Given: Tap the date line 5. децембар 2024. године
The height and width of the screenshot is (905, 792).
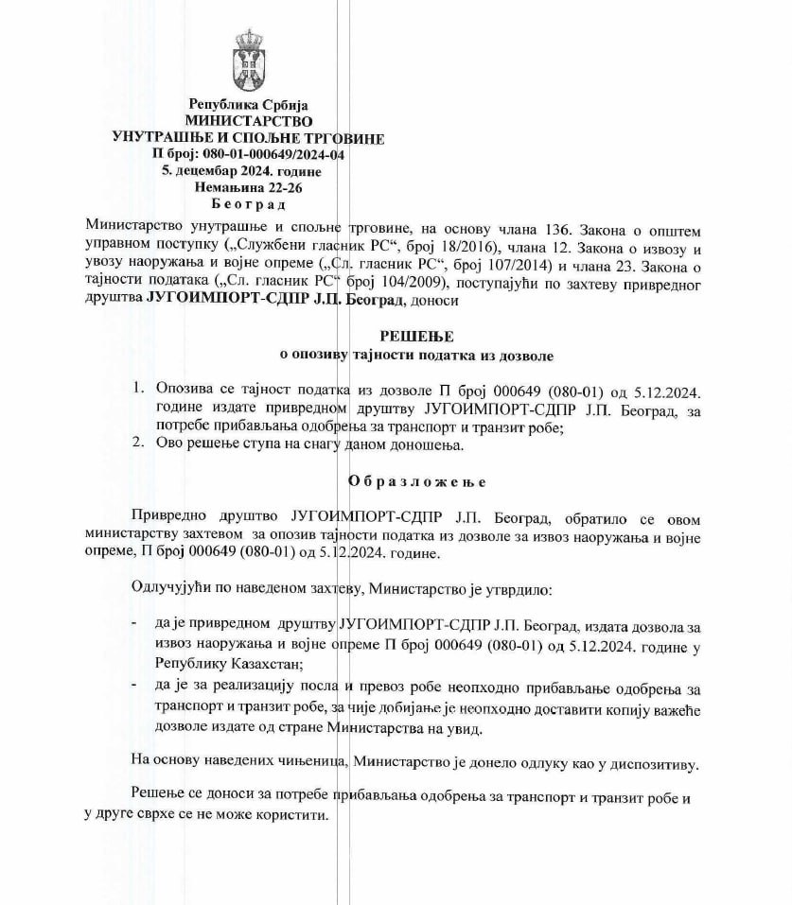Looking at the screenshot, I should click(x=241, y=171).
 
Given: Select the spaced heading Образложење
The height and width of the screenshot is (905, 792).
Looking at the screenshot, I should click(x=417, y=481).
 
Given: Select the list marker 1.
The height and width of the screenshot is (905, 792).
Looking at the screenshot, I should click(x=138, y=390).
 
